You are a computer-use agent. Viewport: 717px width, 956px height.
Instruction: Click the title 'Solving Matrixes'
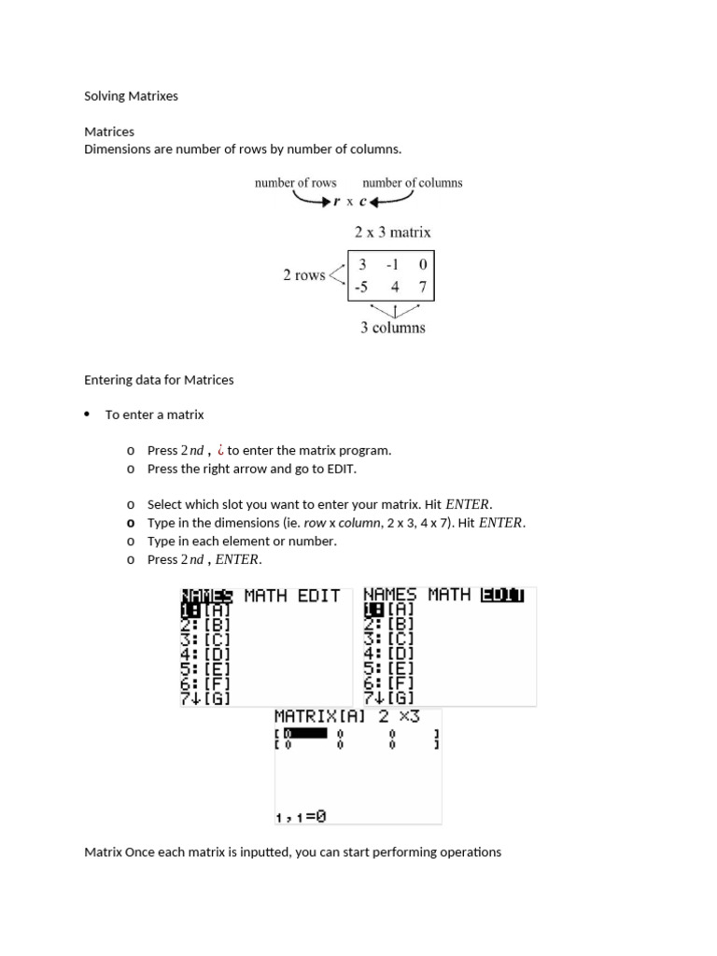131,96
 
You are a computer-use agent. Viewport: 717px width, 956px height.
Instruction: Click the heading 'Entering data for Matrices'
159,380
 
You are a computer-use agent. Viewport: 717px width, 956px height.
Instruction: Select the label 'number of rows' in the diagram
296,183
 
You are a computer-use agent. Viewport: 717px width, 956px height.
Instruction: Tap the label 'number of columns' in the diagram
412,183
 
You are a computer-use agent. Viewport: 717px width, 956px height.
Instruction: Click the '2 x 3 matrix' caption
392,232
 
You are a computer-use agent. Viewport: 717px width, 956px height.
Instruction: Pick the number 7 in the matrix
422,288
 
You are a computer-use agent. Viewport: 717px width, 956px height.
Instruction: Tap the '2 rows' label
303,275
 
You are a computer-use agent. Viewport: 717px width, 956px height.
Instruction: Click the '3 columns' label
392,328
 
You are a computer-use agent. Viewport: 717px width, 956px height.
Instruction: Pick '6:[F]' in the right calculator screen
387,683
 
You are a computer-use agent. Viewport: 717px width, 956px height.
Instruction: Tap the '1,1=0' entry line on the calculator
301,816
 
